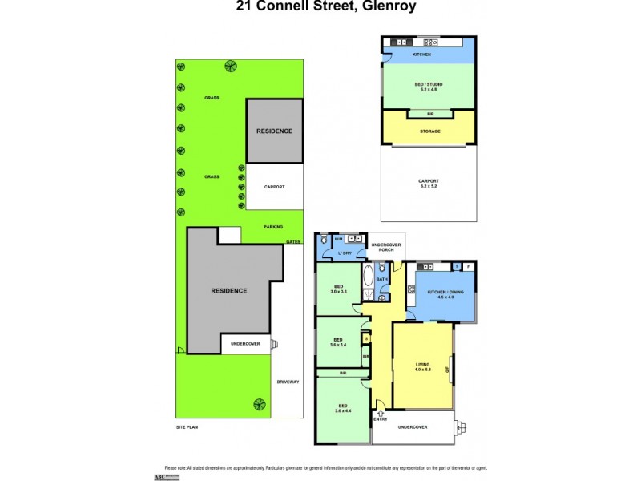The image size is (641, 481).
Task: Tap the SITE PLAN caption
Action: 187,427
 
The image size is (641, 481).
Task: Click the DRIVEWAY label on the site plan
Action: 288,382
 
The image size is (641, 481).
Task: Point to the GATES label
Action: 293,240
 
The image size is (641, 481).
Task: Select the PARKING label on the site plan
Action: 273,227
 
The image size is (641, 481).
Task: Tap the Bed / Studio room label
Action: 429,85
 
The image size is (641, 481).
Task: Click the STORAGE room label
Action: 429,131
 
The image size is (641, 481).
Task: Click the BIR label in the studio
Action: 429,115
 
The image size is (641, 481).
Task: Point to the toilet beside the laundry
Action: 322,240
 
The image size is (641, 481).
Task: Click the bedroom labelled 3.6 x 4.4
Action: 342,409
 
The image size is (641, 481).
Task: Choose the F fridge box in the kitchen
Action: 469,266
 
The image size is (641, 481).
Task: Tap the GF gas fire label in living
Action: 450,370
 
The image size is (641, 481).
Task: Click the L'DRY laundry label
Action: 344,253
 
